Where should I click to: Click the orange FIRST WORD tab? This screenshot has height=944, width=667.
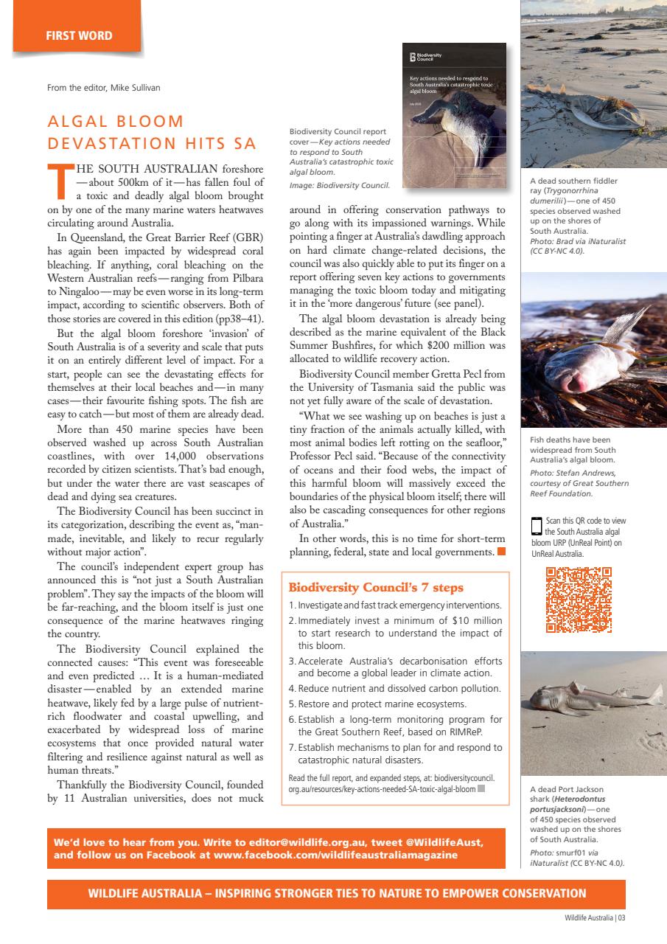[x=77, y=35]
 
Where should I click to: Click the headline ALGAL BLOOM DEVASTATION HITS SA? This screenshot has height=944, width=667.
[x=151, y=131]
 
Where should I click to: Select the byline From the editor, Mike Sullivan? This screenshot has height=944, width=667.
[x=103, y=88]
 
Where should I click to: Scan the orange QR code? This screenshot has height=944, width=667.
[x=579, y=600]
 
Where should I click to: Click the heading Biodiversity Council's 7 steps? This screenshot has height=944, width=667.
[x=376, y=588]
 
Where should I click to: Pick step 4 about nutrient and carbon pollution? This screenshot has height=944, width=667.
[x=394, y=689]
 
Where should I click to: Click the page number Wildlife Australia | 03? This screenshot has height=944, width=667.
[x=595, y=918]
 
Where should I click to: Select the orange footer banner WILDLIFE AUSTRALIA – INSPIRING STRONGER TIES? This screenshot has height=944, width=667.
[x=336, y=894]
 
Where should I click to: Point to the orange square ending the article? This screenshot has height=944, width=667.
[x=501, y=551]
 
